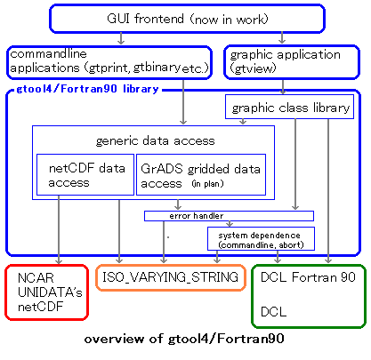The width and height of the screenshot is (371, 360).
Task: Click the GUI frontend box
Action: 187,19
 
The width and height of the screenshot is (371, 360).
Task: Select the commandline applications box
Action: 109,62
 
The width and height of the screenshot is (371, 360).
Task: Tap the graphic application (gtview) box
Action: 292,62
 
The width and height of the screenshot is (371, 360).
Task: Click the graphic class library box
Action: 289,107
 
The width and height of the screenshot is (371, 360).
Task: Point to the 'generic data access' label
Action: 155,140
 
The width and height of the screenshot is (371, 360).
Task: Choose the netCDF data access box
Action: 85,174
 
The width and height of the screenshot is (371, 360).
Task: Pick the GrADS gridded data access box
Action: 201,174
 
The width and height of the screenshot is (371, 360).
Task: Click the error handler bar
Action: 229,216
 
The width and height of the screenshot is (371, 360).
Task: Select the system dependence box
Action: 261,238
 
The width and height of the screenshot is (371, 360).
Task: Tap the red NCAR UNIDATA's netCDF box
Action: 47,292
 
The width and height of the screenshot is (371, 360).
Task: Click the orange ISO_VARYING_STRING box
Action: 171,277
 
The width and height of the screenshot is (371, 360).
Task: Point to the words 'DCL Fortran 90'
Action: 308,277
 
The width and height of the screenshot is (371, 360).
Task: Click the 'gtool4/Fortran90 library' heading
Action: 87,89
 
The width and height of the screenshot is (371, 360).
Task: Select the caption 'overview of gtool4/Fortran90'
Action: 184,339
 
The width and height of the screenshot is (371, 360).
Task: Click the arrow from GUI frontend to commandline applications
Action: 121,38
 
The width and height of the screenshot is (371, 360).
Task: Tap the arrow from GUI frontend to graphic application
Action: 282,38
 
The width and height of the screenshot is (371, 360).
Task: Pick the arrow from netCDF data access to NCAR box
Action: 59,229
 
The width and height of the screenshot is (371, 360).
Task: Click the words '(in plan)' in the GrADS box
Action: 207,184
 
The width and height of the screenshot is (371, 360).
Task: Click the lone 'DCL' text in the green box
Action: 273,312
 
